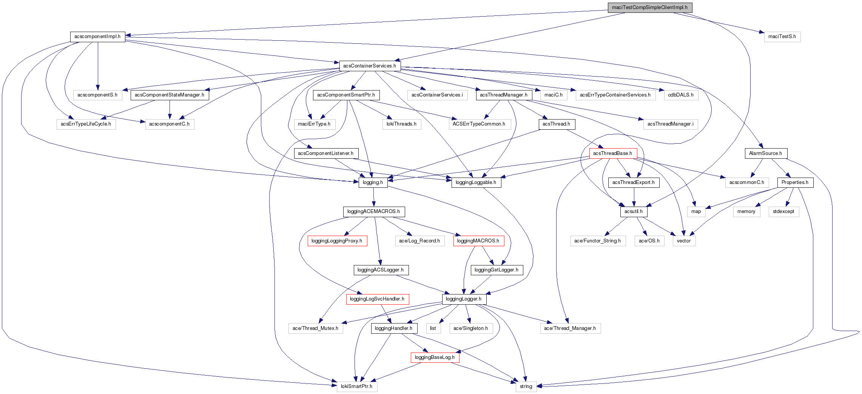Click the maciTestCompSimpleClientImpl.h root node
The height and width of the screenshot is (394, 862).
point(649,8)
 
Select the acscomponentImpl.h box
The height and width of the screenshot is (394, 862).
point(97,37)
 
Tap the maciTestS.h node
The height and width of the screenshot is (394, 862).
point(782,37)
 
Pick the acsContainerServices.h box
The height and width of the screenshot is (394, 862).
point(369,66)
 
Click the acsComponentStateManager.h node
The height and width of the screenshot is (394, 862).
point(170,95)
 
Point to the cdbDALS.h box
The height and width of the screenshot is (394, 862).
point(681,95)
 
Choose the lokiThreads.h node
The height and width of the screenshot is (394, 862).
point(401,124)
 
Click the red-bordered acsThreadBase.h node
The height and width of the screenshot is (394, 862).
point(612,153)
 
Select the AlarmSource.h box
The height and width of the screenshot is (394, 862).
point(765,153)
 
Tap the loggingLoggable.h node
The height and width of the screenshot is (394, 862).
point(476,182)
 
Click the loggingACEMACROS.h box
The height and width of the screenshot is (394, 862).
point(373,212)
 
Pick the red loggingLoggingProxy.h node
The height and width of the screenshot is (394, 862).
point(337,241)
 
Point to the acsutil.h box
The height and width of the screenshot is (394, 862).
point(633,212)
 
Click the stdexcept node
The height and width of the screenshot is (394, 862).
point(783,212)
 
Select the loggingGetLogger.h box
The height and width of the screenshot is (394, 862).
point(496,270)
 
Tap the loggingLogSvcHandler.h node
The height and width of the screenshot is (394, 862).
point(377,299)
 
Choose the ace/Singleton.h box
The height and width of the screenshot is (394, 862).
point(470,328)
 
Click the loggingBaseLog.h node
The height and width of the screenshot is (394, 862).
point(435,357)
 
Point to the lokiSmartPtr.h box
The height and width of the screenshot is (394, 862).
point(356,386)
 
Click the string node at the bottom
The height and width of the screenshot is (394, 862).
point(526,386)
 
